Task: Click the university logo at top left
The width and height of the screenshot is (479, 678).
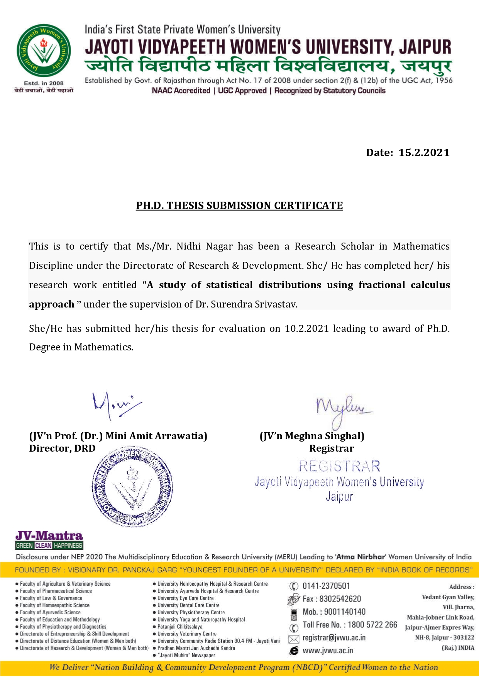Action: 44,51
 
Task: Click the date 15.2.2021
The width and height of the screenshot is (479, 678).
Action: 424,153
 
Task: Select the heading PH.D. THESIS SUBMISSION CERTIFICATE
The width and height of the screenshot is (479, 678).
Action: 239,206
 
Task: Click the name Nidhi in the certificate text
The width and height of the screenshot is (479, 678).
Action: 189,246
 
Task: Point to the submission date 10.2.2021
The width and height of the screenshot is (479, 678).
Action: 307,329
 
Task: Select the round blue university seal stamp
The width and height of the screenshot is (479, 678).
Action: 132,487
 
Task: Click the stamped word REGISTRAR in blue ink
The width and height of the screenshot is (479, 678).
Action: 340,466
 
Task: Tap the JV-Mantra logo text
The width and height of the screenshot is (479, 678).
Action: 49,536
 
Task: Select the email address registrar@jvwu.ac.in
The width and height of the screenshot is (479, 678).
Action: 334,637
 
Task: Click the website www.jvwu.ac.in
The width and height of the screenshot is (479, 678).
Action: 328,651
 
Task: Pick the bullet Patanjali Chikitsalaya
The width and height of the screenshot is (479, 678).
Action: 179,627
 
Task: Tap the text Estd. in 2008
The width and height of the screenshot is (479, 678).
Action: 44,83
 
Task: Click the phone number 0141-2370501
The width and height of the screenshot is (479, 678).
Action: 326,586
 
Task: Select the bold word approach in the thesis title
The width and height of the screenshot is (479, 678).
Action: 52,304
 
